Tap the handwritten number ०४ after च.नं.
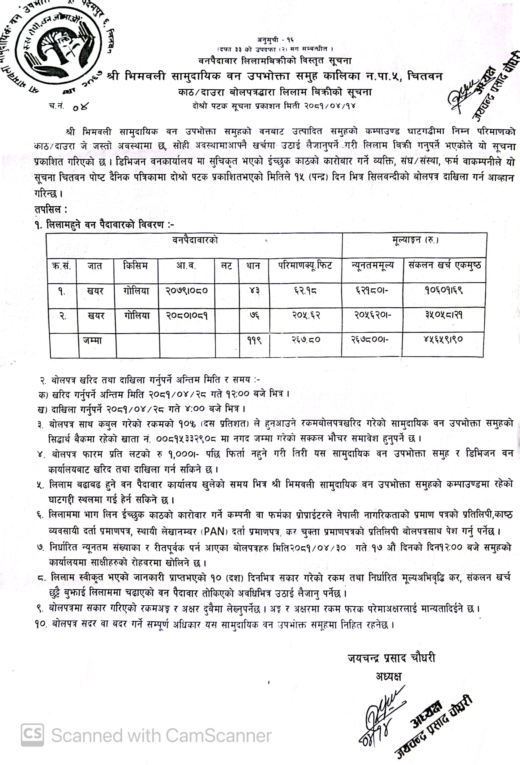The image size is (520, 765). pos(80,107)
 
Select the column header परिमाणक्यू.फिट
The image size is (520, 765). pos(305,265)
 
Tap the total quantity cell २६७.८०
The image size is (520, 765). pos(306,339)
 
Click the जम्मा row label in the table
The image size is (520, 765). pos(92,340)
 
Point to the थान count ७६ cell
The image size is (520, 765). pos(254,316)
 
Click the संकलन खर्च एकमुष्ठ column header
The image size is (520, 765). pos(444,265)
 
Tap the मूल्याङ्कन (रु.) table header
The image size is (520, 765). pos(415,240)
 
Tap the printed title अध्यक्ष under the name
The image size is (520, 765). pos(389,676)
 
